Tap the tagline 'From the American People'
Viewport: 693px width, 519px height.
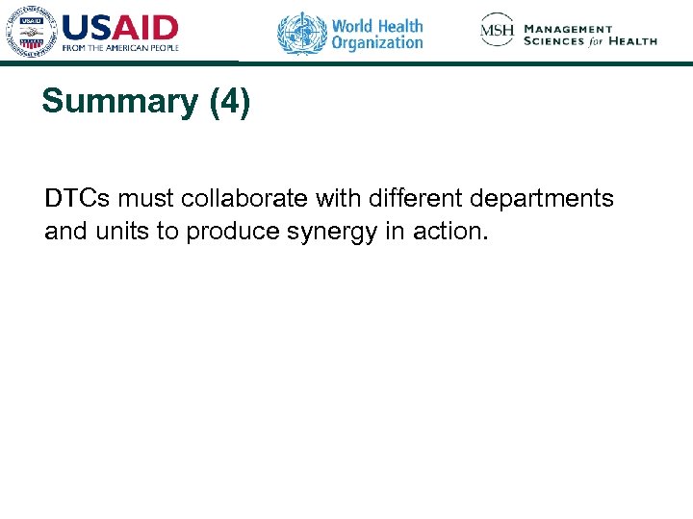point(120,48)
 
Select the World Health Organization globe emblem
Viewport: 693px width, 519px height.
point(302,34)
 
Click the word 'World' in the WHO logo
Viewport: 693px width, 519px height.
point(354,25)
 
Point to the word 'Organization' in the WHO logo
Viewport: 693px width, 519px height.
point(377,43)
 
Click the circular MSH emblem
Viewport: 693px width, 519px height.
point(498,32)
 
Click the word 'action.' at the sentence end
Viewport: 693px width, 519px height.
point(454,232)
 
